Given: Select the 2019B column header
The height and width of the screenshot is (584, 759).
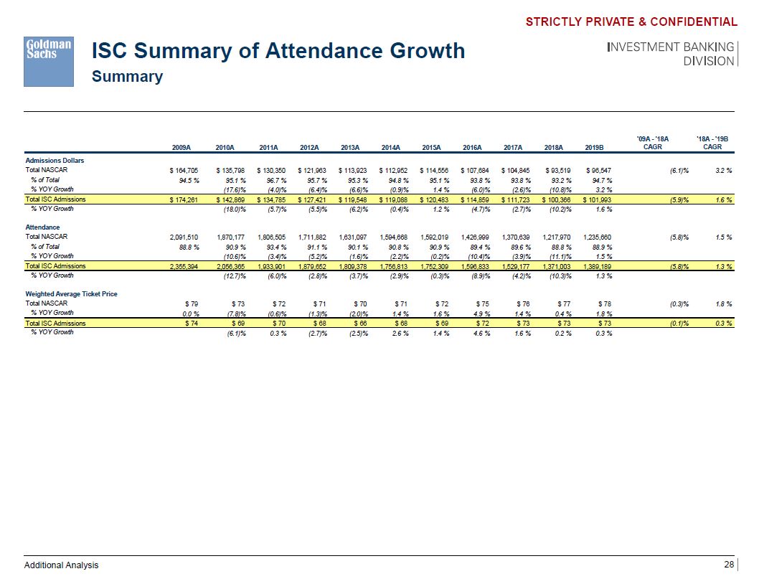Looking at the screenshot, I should pos(595,147).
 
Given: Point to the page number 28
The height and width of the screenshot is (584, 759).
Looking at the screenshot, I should pos(729,565).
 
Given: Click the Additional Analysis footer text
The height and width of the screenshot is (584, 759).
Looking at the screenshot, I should pos(62,565).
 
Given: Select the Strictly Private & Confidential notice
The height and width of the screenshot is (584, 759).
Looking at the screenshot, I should pos(631,22).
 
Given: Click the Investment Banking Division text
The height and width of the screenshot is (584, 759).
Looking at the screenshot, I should pos(671,54).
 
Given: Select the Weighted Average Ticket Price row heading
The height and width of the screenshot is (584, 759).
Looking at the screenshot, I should pos(71,294).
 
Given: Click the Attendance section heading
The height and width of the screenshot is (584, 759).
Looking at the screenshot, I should pos(43,227).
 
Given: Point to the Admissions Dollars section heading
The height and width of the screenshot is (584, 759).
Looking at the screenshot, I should pos(55,160).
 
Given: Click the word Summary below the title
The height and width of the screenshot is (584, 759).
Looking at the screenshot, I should pos(127,77).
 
